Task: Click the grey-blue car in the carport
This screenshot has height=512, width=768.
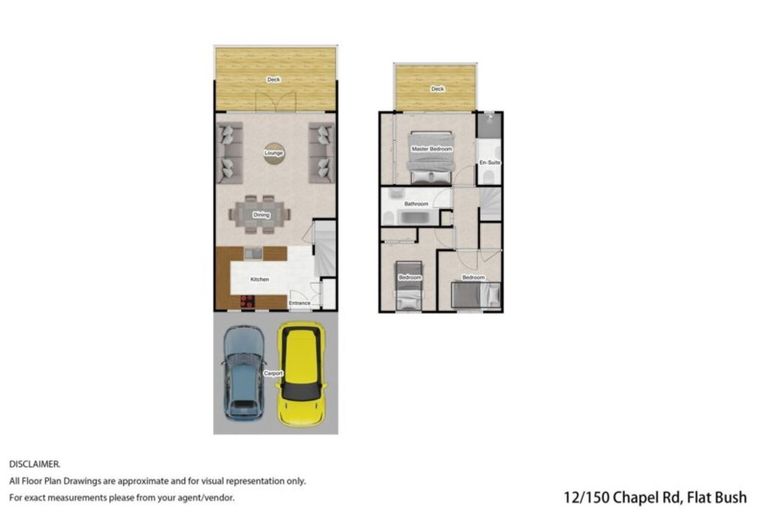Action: pos(244,373)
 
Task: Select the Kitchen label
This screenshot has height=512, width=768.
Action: pos(259,279)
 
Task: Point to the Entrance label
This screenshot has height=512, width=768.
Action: pos(299,302)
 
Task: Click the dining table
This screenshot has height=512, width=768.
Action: pos(262,213)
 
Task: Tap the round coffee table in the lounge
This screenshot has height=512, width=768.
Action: pos(273,153)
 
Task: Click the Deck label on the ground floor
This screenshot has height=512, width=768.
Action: pos(273,79)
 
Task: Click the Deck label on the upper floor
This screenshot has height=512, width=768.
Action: pos(437,89)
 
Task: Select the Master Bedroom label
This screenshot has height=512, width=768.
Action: pos(432,149)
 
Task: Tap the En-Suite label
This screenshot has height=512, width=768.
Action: pos(489,161)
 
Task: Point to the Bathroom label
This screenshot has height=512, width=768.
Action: pos(416,204)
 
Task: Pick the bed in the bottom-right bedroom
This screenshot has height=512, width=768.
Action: pos(474,294)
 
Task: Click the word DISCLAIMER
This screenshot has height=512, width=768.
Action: pos(35,464)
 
